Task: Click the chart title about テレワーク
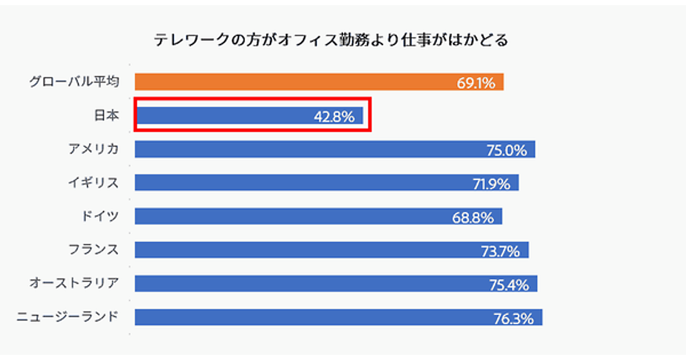(x=330, y=41)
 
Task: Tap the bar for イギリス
(x=297, y=183)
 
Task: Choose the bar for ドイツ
(x=292, y=216)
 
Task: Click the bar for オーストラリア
(x=309, y=283)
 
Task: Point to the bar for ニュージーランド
(x=312, y=317)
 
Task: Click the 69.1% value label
(x=476, y=83)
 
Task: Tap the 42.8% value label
(x=334, y=117)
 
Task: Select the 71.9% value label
(x=490, y=184)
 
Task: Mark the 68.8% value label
(x=474, y=217)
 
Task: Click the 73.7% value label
(x=501, y=251)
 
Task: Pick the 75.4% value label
(x=509, y=285)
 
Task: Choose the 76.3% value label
(x=514, y=318)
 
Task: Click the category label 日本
(x=106, y=115)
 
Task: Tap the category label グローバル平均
(x=74, y=82)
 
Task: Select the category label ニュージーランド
(x=67, y=317)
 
